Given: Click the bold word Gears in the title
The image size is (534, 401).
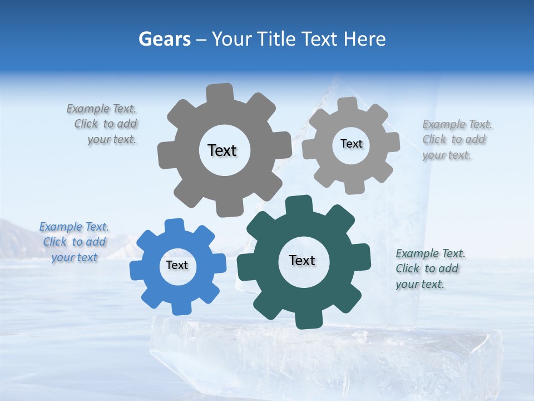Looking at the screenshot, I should coord(164,39).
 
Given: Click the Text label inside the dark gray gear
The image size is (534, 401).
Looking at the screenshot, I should coord(222,150).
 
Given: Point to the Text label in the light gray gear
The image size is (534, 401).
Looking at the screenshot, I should coord(351,144).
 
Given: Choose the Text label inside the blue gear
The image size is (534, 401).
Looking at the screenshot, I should coord(177,265).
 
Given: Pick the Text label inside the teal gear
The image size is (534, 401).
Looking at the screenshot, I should coord(302,260).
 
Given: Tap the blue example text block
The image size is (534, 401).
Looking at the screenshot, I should coord(74,242).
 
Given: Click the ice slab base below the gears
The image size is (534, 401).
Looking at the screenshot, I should coord(323,356).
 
